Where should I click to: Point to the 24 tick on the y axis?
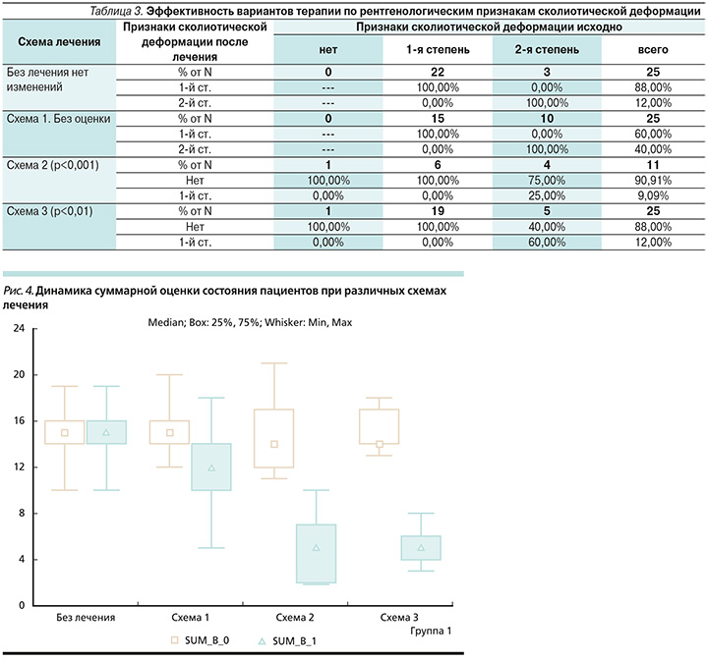point(19,328)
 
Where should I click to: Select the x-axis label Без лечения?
point(87,618)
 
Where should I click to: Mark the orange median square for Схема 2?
point(273,444)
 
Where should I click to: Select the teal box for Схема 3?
point(421,548)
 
